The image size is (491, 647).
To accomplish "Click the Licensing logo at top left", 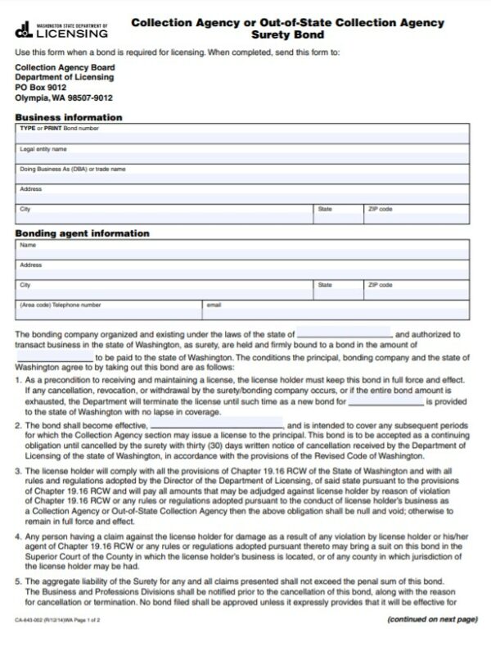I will point(61,31).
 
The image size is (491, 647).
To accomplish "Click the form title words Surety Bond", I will point(287,36).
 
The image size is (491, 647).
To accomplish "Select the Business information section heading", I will point(69,117).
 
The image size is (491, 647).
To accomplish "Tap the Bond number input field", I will point(243,135).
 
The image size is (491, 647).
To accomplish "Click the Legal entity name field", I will point(243,155).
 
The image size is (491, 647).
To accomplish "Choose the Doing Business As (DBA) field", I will point(243,174).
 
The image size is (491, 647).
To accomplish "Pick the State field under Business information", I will point(339,215).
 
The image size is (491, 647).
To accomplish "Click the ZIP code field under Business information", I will point(417,215).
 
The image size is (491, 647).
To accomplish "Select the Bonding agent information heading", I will point(82,233).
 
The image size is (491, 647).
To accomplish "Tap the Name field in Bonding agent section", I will point(243,251).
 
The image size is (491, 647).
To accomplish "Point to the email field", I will point(336,310).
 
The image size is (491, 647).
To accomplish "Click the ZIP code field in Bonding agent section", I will point(417,290).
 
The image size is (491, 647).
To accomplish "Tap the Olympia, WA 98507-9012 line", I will point(64,98).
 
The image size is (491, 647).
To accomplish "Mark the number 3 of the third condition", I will point(18,473).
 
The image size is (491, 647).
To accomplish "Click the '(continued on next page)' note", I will point(431,621).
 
